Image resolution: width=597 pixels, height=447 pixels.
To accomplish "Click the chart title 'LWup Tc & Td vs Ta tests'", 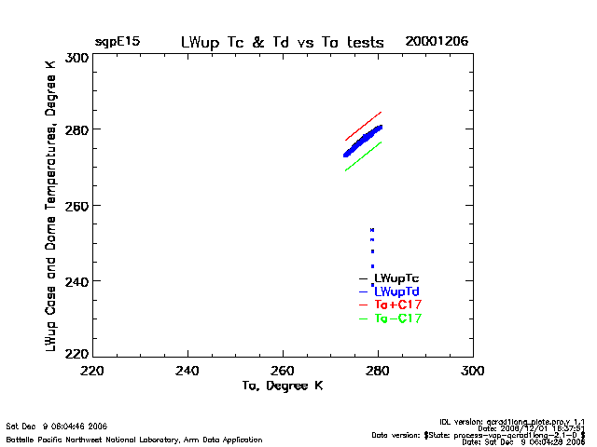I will pyautogui.click(x=284, y=43).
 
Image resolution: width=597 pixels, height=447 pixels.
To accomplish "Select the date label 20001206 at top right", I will pyautogui.click(x=437, y=43).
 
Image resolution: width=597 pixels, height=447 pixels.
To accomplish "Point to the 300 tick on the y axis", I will pyautogui.click(x=76, y=58).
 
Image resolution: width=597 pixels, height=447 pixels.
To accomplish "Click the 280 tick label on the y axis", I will pyautogui.click(x=76, y=129).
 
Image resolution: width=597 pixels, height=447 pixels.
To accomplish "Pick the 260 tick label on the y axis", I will pyautogui.click(x=76, y=205).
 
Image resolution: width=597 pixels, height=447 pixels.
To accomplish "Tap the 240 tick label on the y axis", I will pyautogui.click(x=76, y=280).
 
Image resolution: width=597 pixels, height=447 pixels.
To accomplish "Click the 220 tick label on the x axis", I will pyautogui.click(x=92, y=371).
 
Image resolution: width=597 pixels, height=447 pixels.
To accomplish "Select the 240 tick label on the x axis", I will pyautogui.click(x=188, y=371).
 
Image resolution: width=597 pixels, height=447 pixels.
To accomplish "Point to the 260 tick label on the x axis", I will pyautogui.click(x=284, y=371).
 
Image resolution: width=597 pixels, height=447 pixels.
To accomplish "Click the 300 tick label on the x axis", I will pyautogui.click(x=473, y=371).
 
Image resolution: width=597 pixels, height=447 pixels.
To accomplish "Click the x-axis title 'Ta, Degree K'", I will pyautogui.click(x=282, y=386).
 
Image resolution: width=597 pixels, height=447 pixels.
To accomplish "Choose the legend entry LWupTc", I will pyautogui.click(x=396, y=278).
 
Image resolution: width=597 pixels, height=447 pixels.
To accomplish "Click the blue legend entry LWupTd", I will pyautogui.click(x=396, y=292).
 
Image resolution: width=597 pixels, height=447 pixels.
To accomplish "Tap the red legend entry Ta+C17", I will pyautogui.click(x=397, y=305).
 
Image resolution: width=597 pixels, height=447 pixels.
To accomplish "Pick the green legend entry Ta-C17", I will pyautogui.click(x=397, y=319).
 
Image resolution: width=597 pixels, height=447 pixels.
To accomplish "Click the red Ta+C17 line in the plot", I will pyautogui.click(x=364, y=126).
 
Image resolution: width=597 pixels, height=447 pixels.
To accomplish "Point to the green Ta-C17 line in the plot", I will pyautogui.click(x=364, y=156).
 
